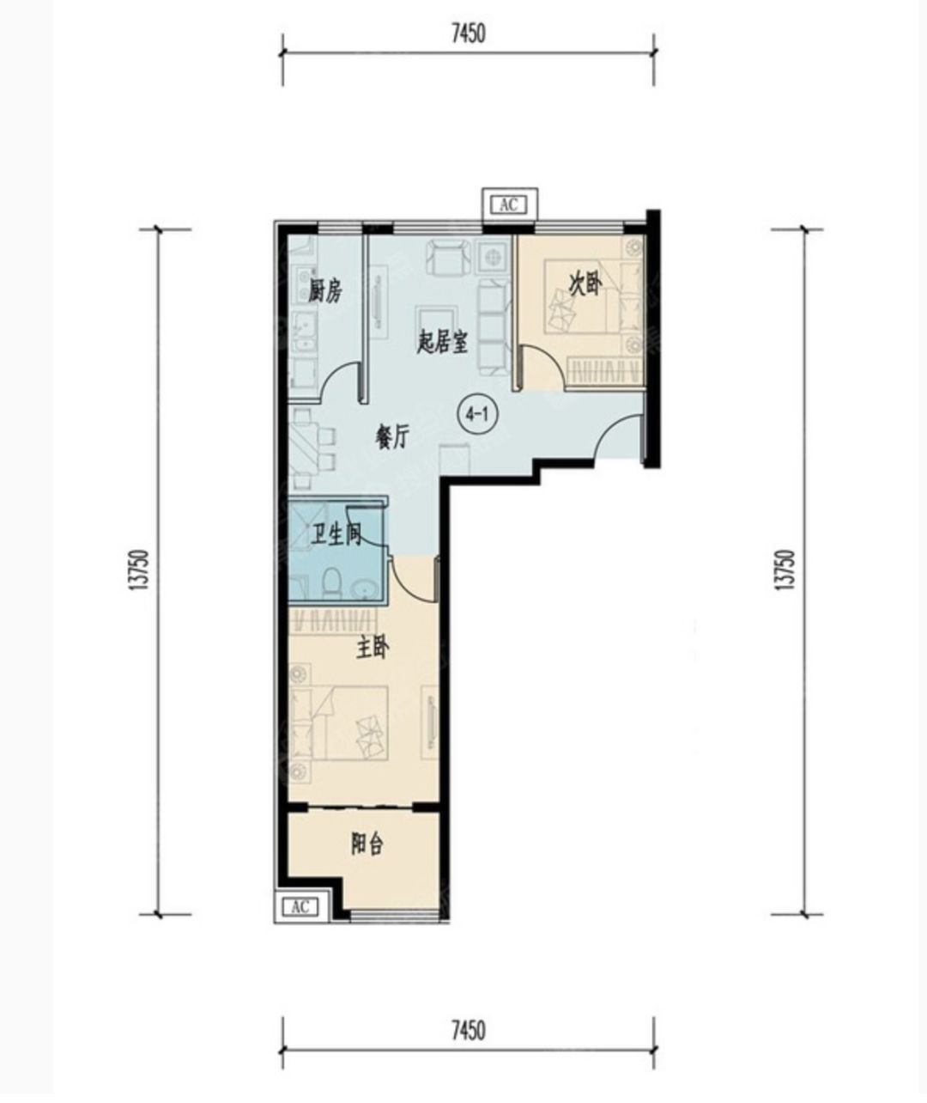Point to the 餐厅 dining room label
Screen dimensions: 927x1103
coord(392,437)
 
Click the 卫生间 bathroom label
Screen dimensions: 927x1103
coord(336,535)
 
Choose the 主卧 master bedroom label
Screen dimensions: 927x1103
coord(373,649)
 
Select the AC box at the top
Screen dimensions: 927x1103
coord(510,204)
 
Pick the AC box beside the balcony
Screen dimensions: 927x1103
coord(300,907)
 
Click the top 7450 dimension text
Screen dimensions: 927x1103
coord(469,34)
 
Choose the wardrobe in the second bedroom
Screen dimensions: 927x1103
coord(605,371)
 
